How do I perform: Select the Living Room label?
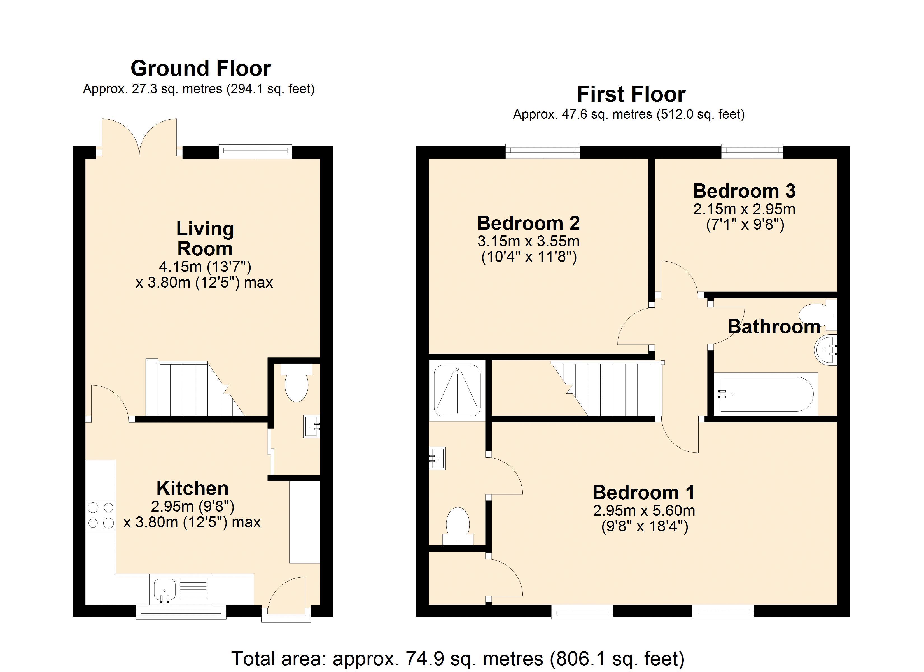205,238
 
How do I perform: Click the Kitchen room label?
192,488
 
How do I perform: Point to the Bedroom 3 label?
744,191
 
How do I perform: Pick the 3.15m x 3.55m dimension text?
528,241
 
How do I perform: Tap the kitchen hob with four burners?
101,515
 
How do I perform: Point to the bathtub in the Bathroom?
766,394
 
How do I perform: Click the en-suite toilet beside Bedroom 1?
458,526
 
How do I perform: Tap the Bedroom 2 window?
543,151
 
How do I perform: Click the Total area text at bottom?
458,658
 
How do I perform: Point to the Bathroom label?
774,326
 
